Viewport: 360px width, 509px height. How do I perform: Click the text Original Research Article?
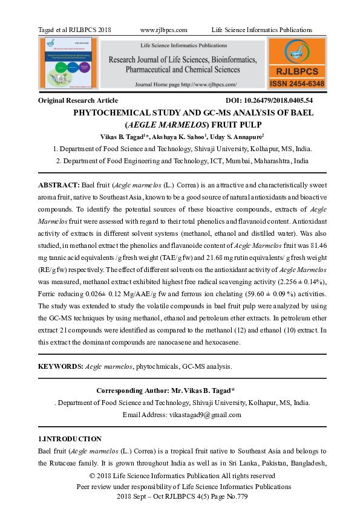pyautogui.click(x=78, y=100)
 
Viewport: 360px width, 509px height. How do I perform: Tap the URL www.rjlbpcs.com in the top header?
pyautogui.click(x=163, y=30)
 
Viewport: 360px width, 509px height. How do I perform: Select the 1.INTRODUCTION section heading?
pyautogui.click(x=70, y=439)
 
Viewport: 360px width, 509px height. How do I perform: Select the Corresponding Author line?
pyautogui.click(x=165, y=391)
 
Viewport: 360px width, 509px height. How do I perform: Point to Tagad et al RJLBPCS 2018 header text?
pyautogui.click(x=74, y=30)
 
